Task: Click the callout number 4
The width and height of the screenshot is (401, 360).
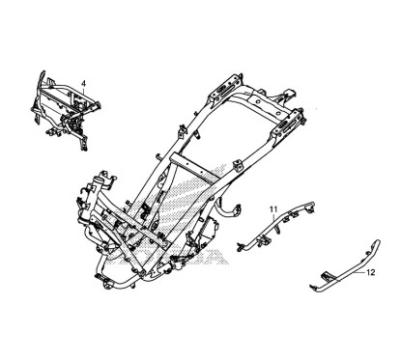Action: click(84, 83)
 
